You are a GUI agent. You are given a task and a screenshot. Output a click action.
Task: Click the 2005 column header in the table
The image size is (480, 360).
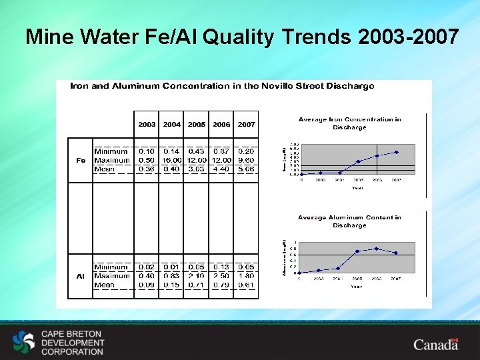[197, 125]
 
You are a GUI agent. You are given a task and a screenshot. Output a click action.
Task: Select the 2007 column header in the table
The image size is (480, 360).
[246, 125]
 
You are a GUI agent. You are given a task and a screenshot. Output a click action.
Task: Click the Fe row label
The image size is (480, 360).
[81, 161]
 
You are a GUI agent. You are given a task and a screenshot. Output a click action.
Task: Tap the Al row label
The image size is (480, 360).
[81, 276]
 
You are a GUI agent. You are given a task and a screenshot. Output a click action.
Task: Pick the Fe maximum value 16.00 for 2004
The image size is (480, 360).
[172, 161]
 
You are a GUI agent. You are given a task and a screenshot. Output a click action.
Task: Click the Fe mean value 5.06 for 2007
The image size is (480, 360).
[246, 169]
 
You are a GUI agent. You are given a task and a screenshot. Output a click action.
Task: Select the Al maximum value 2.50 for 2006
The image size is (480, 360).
[221, 276]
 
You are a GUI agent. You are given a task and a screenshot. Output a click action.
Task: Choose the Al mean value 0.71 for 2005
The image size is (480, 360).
[197, 285]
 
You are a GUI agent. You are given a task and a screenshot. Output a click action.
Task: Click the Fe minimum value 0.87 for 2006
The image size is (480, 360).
[221, 152]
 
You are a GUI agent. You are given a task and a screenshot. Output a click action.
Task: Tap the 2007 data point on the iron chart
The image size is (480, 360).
[397, 152]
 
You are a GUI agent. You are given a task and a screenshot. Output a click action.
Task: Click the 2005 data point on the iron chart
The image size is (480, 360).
[358, 161]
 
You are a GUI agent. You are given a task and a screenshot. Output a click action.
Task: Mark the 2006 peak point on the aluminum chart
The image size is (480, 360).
[377, 249]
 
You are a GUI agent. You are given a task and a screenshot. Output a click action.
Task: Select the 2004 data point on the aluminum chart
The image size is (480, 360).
[339, 269]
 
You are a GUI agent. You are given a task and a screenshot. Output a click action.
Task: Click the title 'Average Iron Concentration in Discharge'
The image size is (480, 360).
[349, 123]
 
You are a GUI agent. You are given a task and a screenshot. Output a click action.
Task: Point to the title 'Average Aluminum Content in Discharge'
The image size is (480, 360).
[349, 221]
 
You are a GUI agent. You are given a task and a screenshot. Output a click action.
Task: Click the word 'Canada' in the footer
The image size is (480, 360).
[435, 345]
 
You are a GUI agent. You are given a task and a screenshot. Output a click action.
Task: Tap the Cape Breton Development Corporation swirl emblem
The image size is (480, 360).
[24, 343]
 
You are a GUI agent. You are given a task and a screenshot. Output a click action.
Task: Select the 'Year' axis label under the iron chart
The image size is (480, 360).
[358, 188]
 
